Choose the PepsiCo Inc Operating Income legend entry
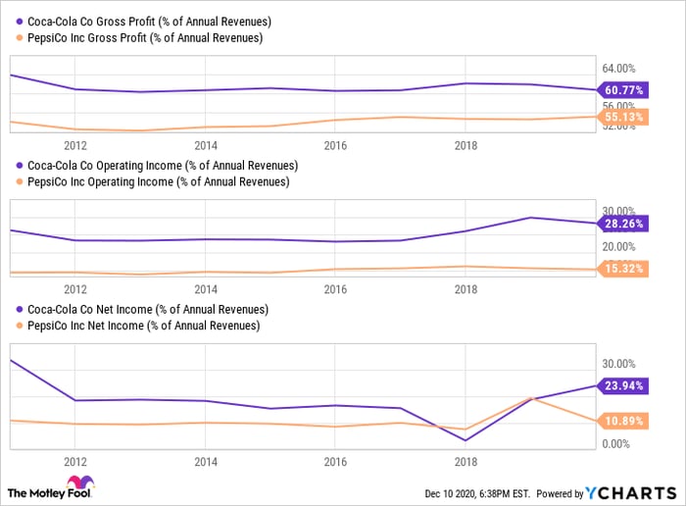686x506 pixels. click(157, 181)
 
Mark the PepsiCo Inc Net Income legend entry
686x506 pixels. click(141, 326)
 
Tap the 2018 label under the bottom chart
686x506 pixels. click(465, 461)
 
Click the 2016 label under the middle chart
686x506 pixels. click(336, 289)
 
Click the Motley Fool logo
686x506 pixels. click(48, 488)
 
